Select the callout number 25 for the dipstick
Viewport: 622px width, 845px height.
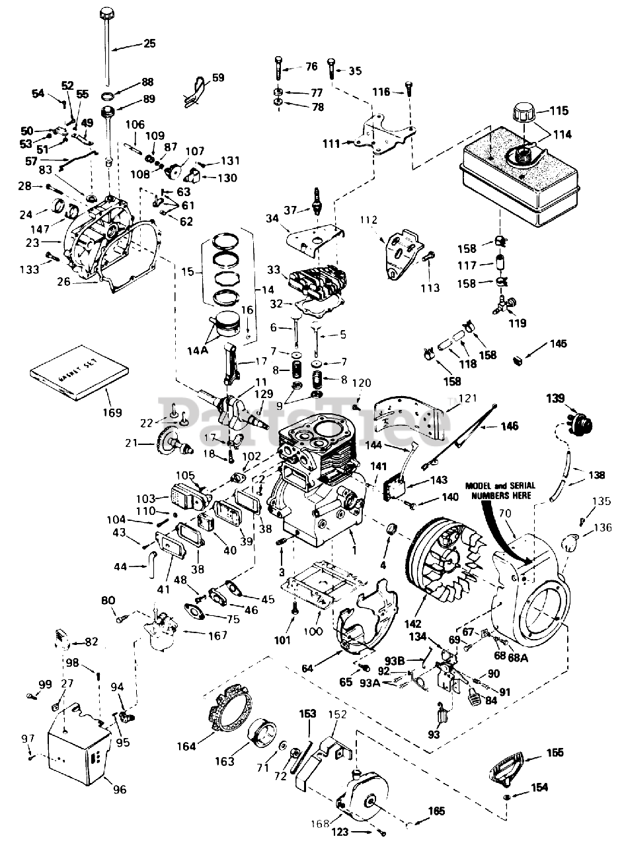(x=149, y=44)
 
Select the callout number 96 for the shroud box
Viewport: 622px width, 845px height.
(x=120, y=788)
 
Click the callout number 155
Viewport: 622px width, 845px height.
(x=555, y=752)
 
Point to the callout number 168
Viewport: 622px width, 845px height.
(x=321, y=823)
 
